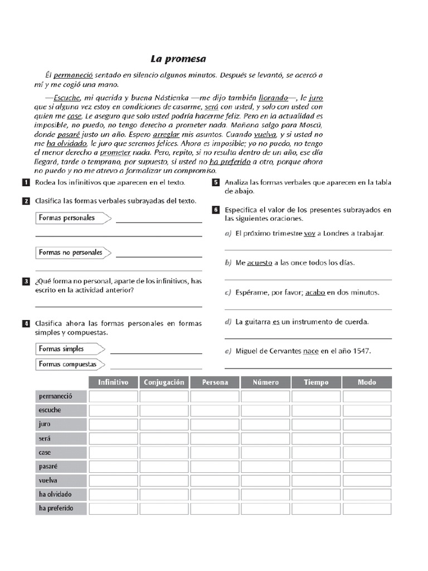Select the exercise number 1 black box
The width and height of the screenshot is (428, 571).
coord(26,182)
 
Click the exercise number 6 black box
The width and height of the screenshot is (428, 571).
coord(216,210)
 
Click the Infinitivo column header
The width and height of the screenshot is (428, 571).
coord(113,383)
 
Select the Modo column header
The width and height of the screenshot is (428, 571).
coord(367,383)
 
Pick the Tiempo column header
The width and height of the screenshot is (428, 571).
coord(316,383)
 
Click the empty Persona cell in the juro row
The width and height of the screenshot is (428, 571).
coord(215,424)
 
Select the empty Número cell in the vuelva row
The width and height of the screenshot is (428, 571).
coord(265,481)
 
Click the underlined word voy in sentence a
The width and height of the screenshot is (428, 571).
coord(309,234)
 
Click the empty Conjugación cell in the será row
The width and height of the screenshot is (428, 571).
coord(164,438)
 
